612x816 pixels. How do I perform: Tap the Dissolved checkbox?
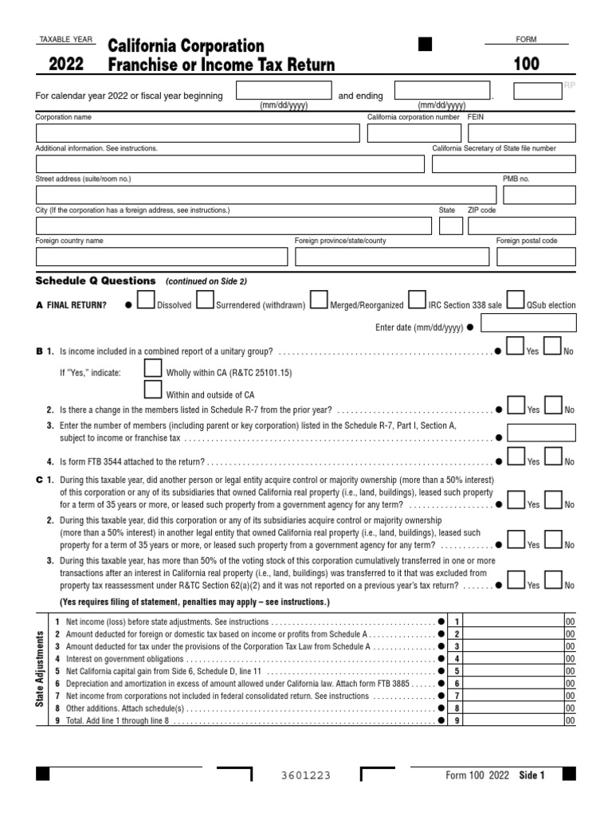(x=147, y=300)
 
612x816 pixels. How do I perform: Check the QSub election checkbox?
(x=516, y=300)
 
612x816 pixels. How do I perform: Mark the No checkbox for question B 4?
(x=553, y=457)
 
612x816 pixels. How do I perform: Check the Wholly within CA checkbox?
(x=153, y=368)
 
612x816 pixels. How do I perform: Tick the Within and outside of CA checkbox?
(x=153, y=390)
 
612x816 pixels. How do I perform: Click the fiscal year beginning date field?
(x=284, y=91)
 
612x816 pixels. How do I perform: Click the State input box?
(x=451, y=226)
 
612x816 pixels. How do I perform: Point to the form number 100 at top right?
(x=527, y=65)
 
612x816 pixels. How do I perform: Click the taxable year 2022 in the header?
(x=67, y=65)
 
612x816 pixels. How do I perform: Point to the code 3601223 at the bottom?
(x=307, y=775)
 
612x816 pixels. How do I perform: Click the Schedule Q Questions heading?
(x=96, y=280)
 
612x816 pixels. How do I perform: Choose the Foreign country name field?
(x=162, y=257)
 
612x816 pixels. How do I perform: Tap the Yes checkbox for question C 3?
(x=516, y=579)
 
